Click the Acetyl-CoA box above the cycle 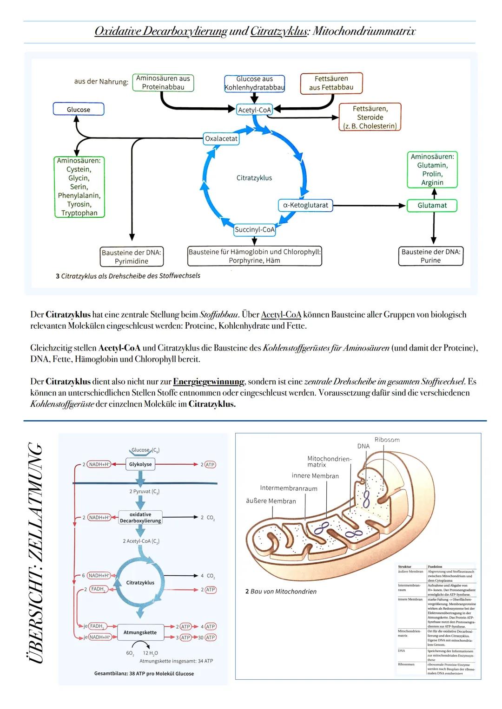tap(254, 110)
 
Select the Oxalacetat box tap(221, 139)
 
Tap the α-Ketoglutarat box tap(305, 205)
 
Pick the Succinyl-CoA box tap(254, 229)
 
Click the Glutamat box tap(432, 206)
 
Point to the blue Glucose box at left tap(79, 110)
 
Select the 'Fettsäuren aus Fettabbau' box tap(331, 83)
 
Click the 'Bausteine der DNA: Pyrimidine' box tap(131, 257)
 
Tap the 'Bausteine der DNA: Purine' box tap(430, 256)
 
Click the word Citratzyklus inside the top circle tap(254, 178)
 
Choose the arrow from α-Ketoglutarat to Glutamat tap(370, 205)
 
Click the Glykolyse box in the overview tap(140, 464)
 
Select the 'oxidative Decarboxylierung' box tap(140, 518)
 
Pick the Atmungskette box tap(140, 632)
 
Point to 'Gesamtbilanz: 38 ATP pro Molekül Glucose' tap(144, 673)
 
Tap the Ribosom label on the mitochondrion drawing tap(387, 440)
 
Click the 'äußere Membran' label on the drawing tap(271, 501)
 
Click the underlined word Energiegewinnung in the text tap(209, 382)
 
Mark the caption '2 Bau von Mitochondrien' tap(281, 592)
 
